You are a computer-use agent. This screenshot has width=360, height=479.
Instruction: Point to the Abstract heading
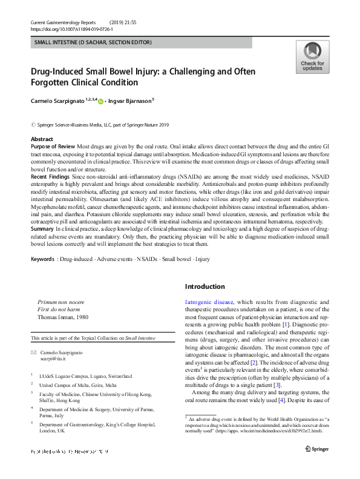click(42, 139)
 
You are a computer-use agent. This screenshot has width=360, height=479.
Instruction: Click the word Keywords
click(42, 277)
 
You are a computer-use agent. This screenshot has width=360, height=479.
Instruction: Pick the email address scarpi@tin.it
click(56, 359)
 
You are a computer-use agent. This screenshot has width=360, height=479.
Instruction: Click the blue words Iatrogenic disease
click(209, 302)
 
